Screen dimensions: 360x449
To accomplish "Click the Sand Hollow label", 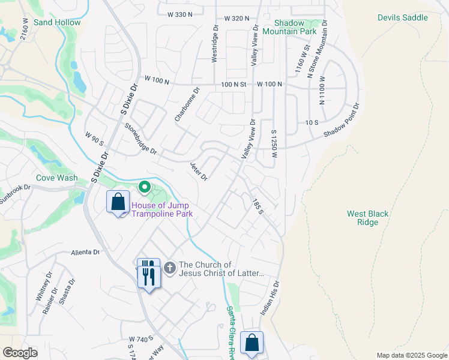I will pos(57,22).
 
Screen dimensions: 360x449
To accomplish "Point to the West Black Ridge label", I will pos(363,218).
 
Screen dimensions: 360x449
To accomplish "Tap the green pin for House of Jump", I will pos(145,188).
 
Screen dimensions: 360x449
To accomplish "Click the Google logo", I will pos(20,353).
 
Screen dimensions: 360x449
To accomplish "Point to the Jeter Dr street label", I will pos(199,172).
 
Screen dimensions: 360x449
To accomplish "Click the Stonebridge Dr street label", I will pos(140,139).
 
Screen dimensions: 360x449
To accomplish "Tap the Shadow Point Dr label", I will pos(341,121).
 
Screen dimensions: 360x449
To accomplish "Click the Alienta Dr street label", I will pos(85,253).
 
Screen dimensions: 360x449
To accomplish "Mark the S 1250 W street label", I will pos(274,144).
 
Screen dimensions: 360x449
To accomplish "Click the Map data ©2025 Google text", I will pos(411,355).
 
